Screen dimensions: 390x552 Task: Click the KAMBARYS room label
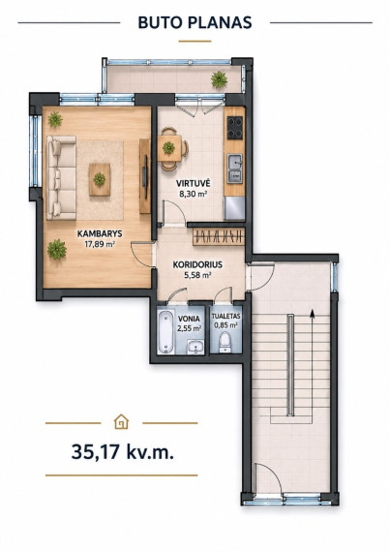pos(100,233)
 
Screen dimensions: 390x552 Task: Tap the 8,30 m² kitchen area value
pos(193,194)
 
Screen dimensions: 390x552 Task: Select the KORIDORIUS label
pos(197,264)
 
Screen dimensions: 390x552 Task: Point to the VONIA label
pos(189,319)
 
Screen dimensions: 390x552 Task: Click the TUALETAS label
pos(225,317)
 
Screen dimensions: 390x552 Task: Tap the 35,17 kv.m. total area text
pos(122,451)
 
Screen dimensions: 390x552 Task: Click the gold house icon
pos(122,422)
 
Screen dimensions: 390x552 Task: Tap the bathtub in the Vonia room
pos(165,331)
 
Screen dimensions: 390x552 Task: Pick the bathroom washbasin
pos(195,346)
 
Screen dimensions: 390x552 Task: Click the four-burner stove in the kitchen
pos(235,128)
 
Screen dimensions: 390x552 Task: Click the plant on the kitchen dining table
pos(168,147)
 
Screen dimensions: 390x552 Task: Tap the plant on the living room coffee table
pos(100,179)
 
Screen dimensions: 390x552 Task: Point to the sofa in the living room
pos(62,178)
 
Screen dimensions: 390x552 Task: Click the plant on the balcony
pos(219,79)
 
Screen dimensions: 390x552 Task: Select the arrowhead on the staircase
pos(312,314)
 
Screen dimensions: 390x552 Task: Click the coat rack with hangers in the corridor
pos(219,236)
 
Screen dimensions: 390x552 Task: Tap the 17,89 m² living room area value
pos(101,244)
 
